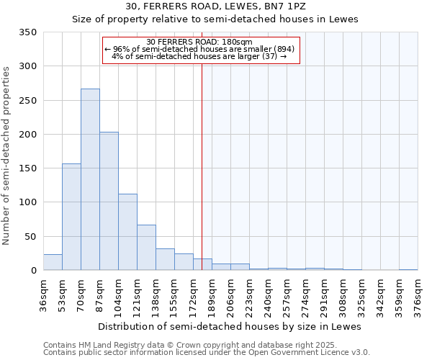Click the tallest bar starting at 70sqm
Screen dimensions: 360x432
tap(90, 180)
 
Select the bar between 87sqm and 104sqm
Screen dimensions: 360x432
tap(109, 202)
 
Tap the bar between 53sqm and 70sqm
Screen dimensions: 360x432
tap(71, 217)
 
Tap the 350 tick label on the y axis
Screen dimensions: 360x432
tap(27, 32)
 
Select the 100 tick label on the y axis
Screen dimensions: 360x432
tap(27, 202)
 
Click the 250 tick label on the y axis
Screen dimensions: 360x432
tap(27, 101)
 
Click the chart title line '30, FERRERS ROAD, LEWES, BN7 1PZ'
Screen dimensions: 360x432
tap(215, 6)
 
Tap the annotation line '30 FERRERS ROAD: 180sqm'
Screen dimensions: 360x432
tap(199, 42)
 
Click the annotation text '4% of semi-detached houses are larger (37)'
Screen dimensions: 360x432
tap(199, 56)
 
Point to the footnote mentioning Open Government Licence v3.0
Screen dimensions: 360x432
tap(207, 353)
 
